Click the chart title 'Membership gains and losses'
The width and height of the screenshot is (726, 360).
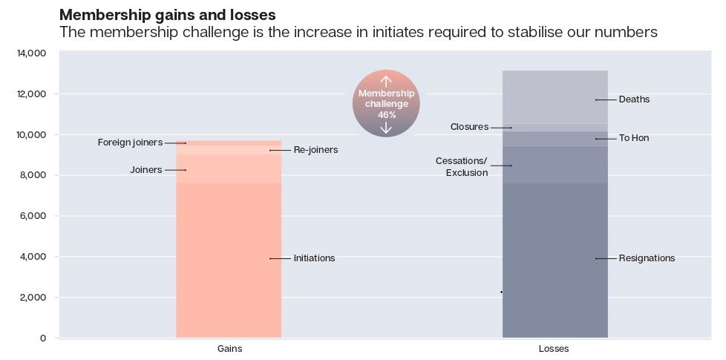point(167,15)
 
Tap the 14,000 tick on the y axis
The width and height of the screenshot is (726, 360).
point(31,53)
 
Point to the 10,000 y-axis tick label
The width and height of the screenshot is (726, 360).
point(31,135)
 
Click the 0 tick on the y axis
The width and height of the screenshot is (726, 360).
point(43,338)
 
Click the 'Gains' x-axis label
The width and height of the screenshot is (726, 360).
point(229,349)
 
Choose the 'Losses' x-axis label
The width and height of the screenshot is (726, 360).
point(554,349)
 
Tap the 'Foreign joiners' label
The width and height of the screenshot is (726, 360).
point(130,143)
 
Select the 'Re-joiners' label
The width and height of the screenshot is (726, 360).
point(315,150)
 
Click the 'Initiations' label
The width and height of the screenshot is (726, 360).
point(314,258)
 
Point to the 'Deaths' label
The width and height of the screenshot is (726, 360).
point(634,99)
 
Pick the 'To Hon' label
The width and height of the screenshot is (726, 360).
point(633,138)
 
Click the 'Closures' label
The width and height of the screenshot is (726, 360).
point(469,127)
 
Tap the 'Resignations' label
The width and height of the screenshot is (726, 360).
point(647,258)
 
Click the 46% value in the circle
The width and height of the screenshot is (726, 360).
point(386,115)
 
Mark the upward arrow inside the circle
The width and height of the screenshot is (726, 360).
point(386,81)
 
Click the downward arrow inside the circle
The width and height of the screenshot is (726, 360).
point(386,128)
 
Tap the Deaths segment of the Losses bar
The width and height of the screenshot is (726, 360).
point(555,96)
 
